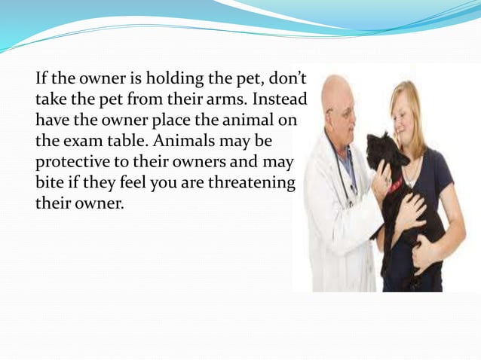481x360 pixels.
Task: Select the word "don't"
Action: point(291,79)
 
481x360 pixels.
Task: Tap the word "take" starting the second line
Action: point(51,99)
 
